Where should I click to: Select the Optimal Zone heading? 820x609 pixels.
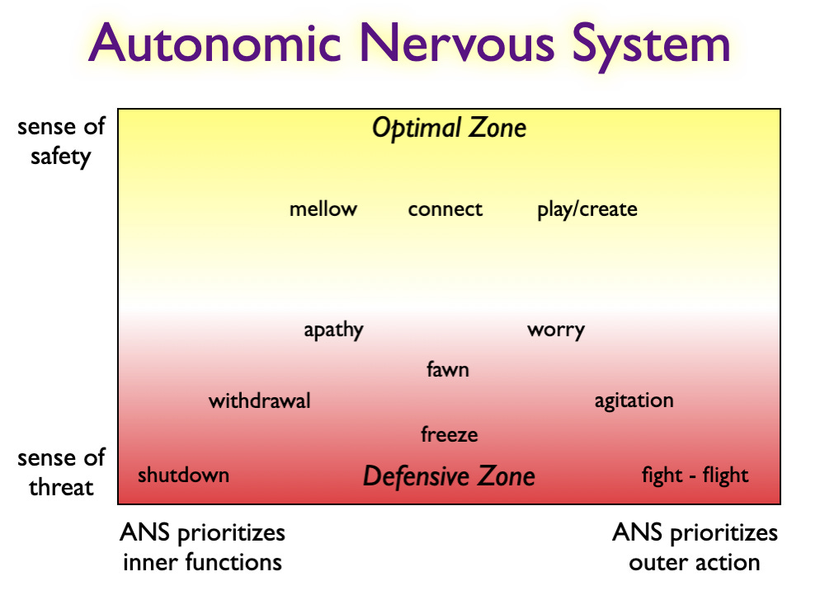click(x=449, y=129)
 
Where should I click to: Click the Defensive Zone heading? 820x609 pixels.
click(x=449, y=476)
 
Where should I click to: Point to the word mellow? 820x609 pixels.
click(x=323, y=209)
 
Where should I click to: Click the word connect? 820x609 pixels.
click(x=445, y=209)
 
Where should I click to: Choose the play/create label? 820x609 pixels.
click(x=587, y=209)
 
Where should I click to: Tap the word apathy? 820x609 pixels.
click(x=333, y=330)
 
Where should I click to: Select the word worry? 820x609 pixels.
click(x=555, y=330)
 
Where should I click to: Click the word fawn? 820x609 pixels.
click(x=447, y=369)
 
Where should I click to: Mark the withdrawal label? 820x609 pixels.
click(x=259, y=401)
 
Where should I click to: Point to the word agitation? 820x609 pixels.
click(x=634, y=401)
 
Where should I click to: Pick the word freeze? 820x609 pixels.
click(x=449, y=434)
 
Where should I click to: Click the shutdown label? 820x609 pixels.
click(x=183, y=475)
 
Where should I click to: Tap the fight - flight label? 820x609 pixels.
click(x=695, y=475)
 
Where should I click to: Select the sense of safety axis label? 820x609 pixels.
click(x=60, y=142)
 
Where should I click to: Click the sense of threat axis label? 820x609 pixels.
click(x=60, y=472)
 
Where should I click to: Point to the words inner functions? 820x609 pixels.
click(x=202, y=563)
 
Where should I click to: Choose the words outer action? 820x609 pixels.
click(x=694, y=563)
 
